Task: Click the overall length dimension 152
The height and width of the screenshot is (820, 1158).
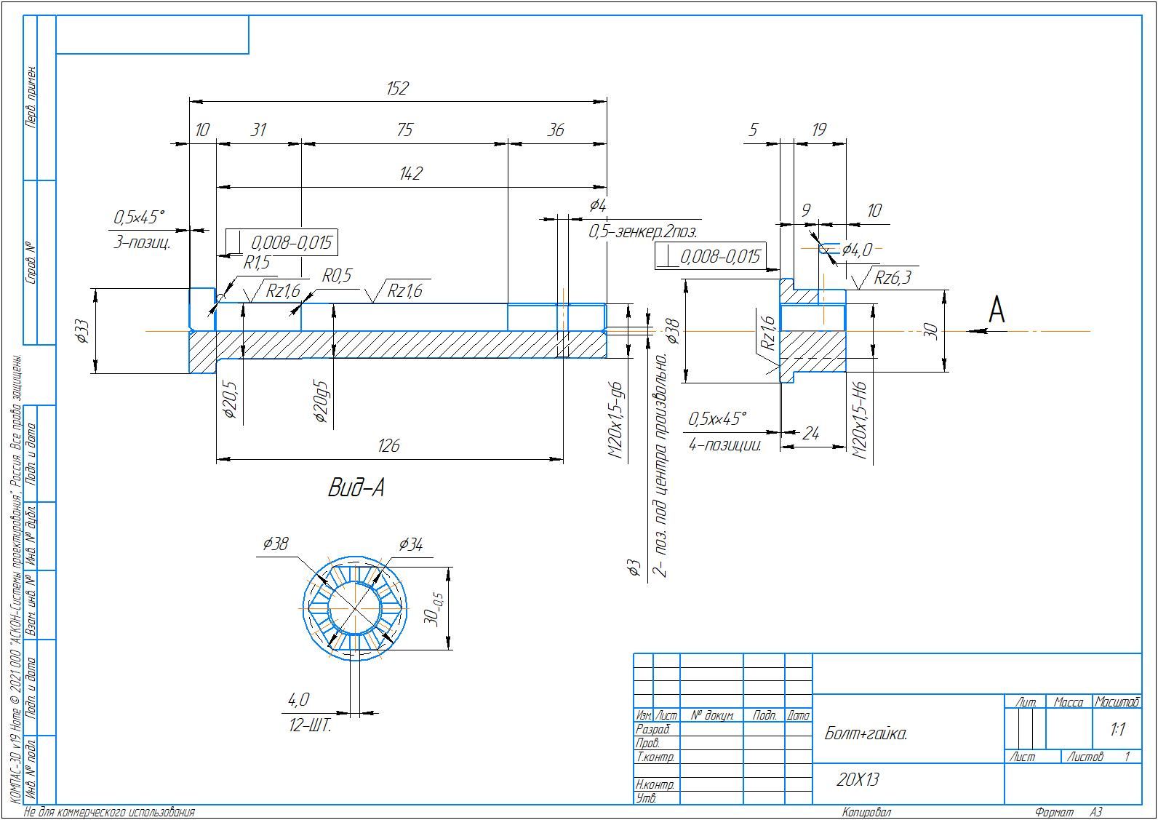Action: tap(398, 89)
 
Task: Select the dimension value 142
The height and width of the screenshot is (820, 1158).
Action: tap(411, 173)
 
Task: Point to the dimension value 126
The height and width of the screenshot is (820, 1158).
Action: tap(388, 446)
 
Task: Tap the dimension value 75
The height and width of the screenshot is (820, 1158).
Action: tap(404, 130)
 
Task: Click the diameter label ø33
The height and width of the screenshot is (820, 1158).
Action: tap(82, 331)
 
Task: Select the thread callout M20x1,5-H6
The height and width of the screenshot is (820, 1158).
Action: tap(860, 421)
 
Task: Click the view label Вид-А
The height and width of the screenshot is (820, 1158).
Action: tap(356, 487)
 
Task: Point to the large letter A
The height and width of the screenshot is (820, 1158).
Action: tap(997, 310)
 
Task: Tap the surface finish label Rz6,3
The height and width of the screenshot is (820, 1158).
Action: tap(893, 278)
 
